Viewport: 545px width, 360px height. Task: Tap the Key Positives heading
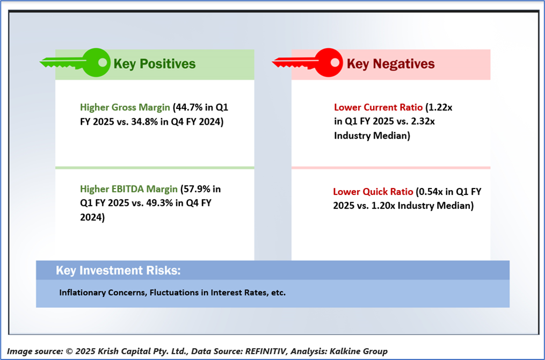[155, 64]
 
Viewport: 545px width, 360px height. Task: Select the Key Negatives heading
[391, 64]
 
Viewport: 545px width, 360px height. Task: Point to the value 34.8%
[144, 122]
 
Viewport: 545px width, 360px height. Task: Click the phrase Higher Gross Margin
[125, 107]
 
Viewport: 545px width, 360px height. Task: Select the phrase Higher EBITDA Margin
[129, 189]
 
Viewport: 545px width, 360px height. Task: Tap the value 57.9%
[197, 189]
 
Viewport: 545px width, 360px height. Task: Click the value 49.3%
[159, 203]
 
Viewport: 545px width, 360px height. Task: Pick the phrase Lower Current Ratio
[378, 107]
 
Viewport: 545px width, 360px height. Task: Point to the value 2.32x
[423, 121]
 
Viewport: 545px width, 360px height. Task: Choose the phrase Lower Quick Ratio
[373, 192]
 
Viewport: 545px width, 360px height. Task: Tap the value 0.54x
[432, 192]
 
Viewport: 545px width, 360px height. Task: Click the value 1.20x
[383, 206]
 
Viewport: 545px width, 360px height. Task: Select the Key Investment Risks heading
[118, 271]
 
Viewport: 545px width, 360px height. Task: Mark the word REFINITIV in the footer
[266, 351]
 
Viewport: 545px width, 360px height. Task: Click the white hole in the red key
[335, 62]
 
